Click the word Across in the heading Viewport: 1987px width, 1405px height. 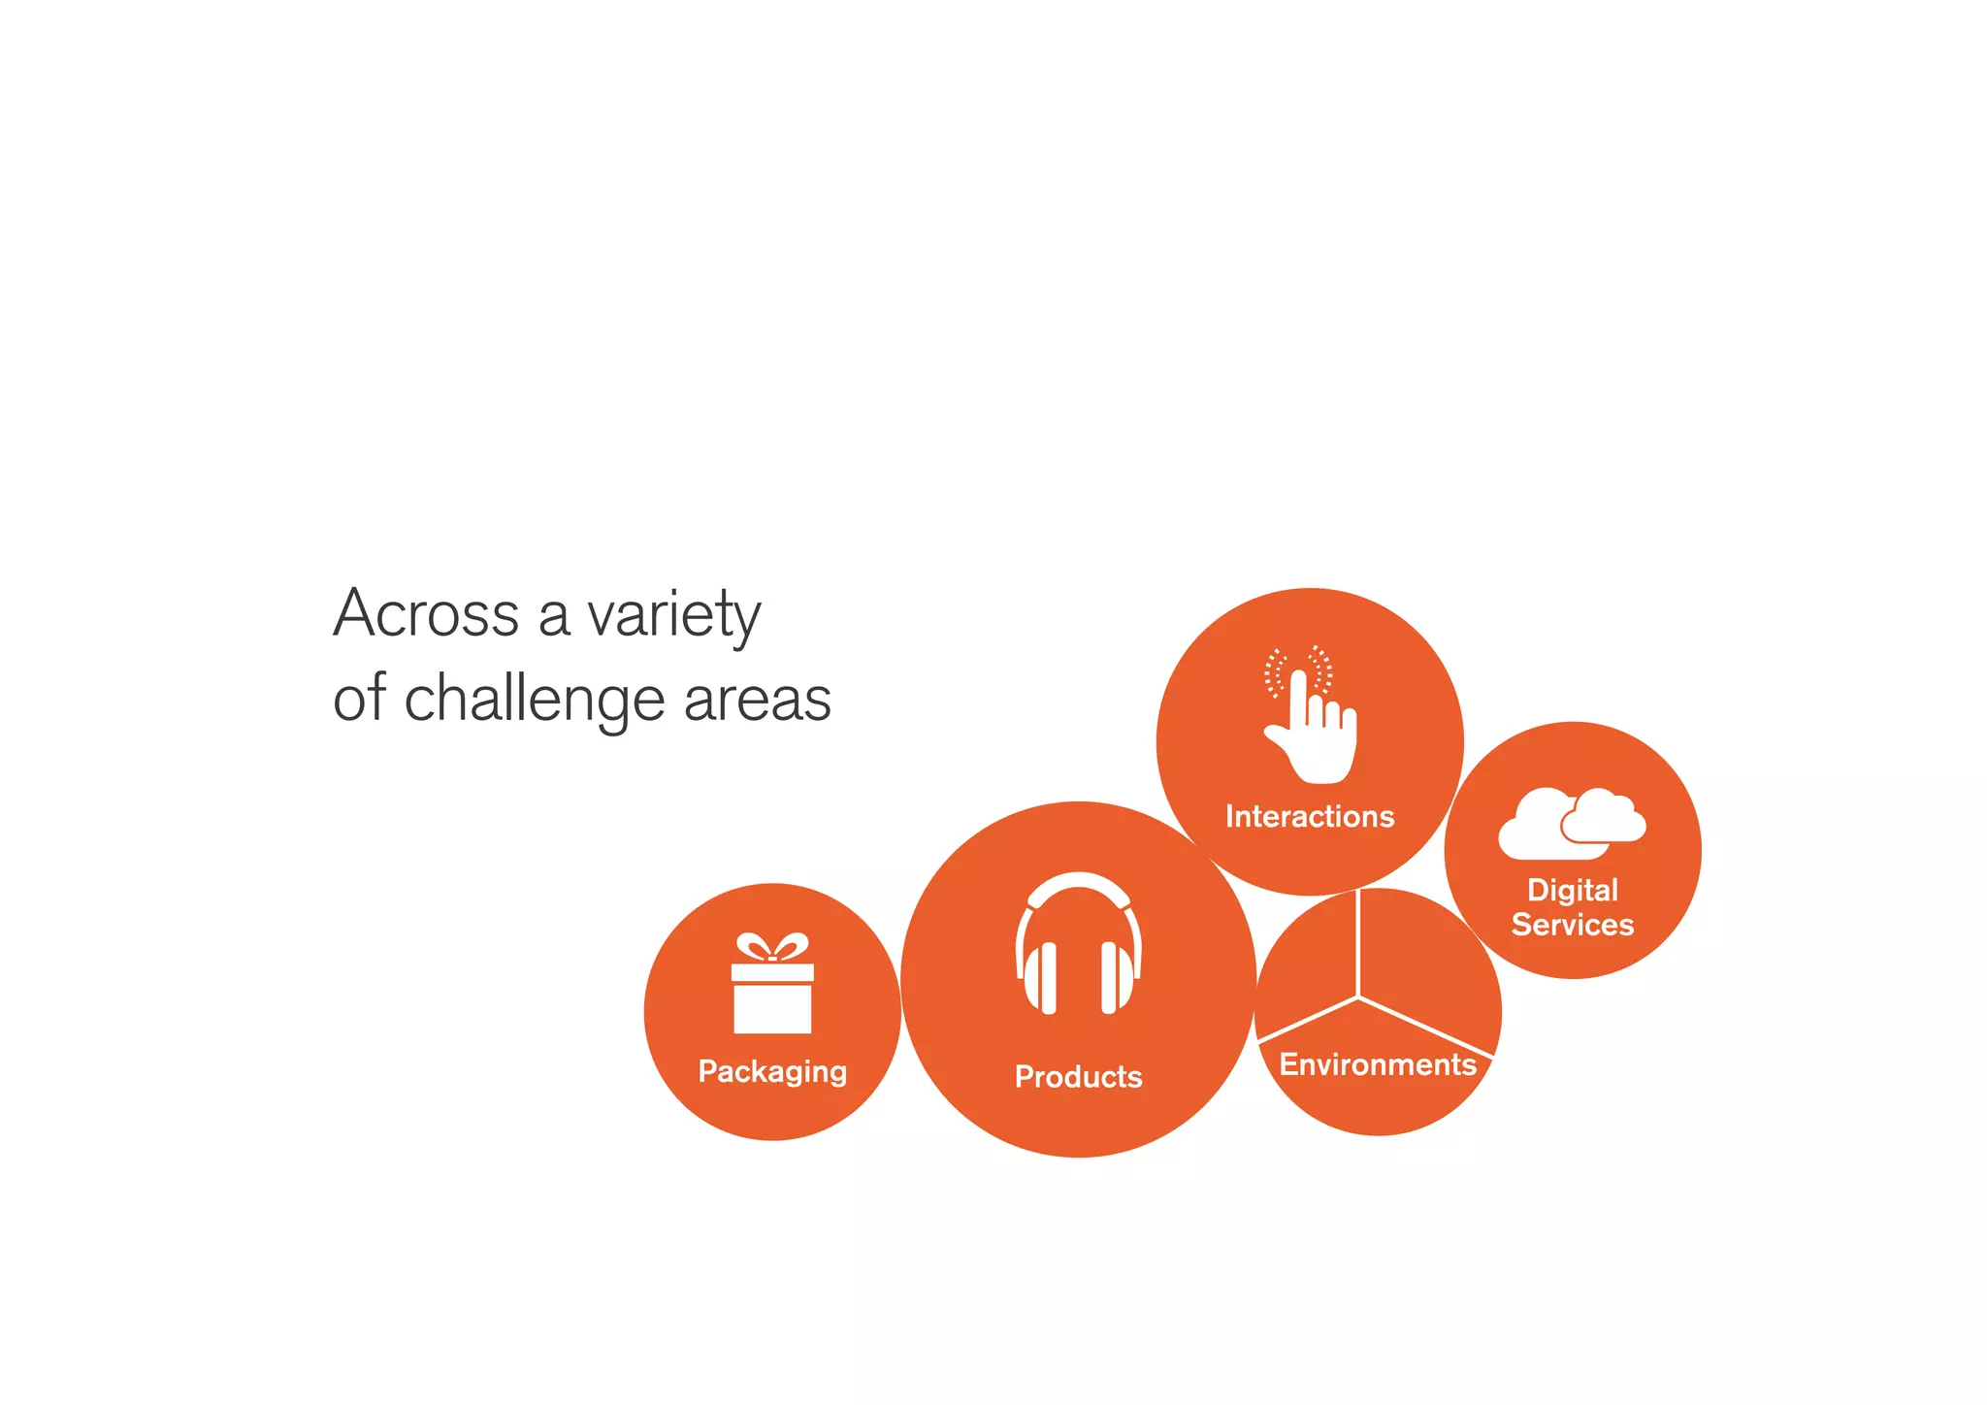[x=426, y=614]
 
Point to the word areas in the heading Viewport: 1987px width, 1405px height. [x=757, y=700]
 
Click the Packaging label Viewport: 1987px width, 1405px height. [x=772, y=1071]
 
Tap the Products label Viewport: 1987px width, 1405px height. [x=1078, y=1076]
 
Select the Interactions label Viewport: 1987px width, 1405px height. [x=1310, y=816]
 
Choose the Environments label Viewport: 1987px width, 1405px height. [x=1378, y=1064]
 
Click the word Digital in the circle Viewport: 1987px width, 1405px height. [x=1573, y=890]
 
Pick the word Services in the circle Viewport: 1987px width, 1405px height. [x=1573, y=925]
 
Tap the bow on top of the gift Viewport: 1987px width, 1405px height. [x=772, y=946]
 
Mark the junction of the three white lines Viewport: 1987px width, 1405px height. [x=1358, y=997]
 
